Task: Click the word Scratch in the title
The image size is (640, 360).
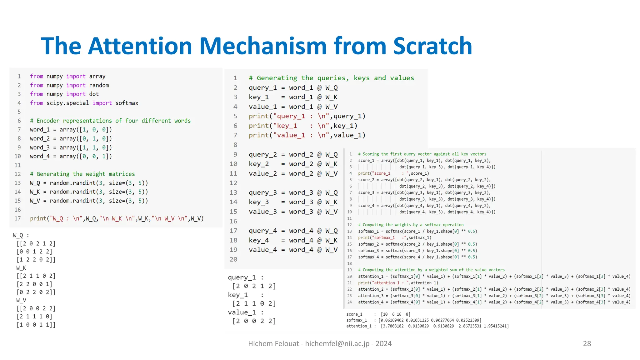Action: coord(432,46)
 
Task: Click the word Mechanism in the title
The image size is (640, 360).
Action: coord(263,46)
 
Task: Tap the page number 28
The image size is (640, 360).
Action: coord(587,343)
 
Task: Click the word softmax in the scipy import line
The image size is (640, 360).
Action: coord(127,103)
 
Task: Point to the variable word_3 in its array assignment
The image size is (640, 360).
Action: coord(40,147)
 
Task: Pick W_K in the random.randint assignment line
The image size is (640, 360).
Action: coord(35,192)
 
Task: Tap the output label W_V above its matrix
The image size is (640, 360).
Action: coord(21,300)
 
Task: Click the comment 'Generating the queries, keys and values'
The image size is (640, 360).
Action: coord(331,78)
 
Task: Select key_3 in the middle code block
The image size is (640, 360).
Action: coord(259,202)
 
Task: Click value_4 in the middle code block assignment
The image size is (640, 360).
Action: coord(262,250)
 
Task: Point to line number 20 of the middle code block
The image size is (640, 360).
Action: coord(233,259)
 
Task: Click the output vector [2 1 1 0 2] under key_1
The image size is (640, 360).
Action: coord(254,303)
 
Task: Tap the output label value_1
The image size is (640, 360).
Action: coord(242,312)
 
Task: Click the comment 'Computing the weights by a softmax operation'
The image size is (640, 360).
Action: coord(411,225)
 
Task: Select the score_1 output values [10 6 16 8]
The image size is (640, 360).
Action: coord(396,314)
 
